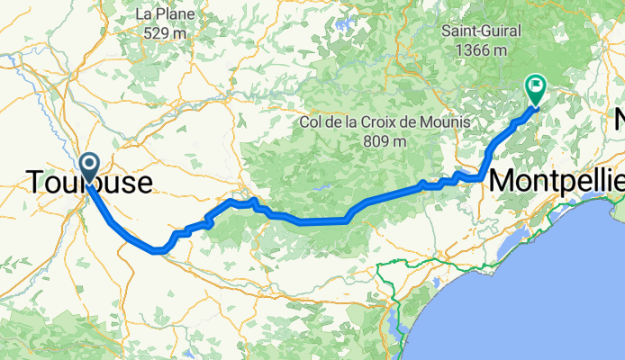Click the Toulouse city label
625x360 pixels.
coord(88,183)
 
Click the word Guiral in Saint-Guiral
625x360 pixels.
coord(501,31)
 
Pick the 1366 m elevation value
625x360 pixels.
coord(481,50)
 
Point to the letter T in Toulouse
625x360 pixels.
coord(36,183)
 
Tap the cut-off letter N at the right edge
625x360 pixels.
coord(619,120)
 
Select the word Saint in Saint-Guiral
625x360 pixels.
coord(458,31)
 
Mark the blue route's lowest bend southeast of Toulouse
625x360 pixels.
coord(157,251)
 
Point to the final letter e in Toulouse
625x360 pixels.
coord(143,183)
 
